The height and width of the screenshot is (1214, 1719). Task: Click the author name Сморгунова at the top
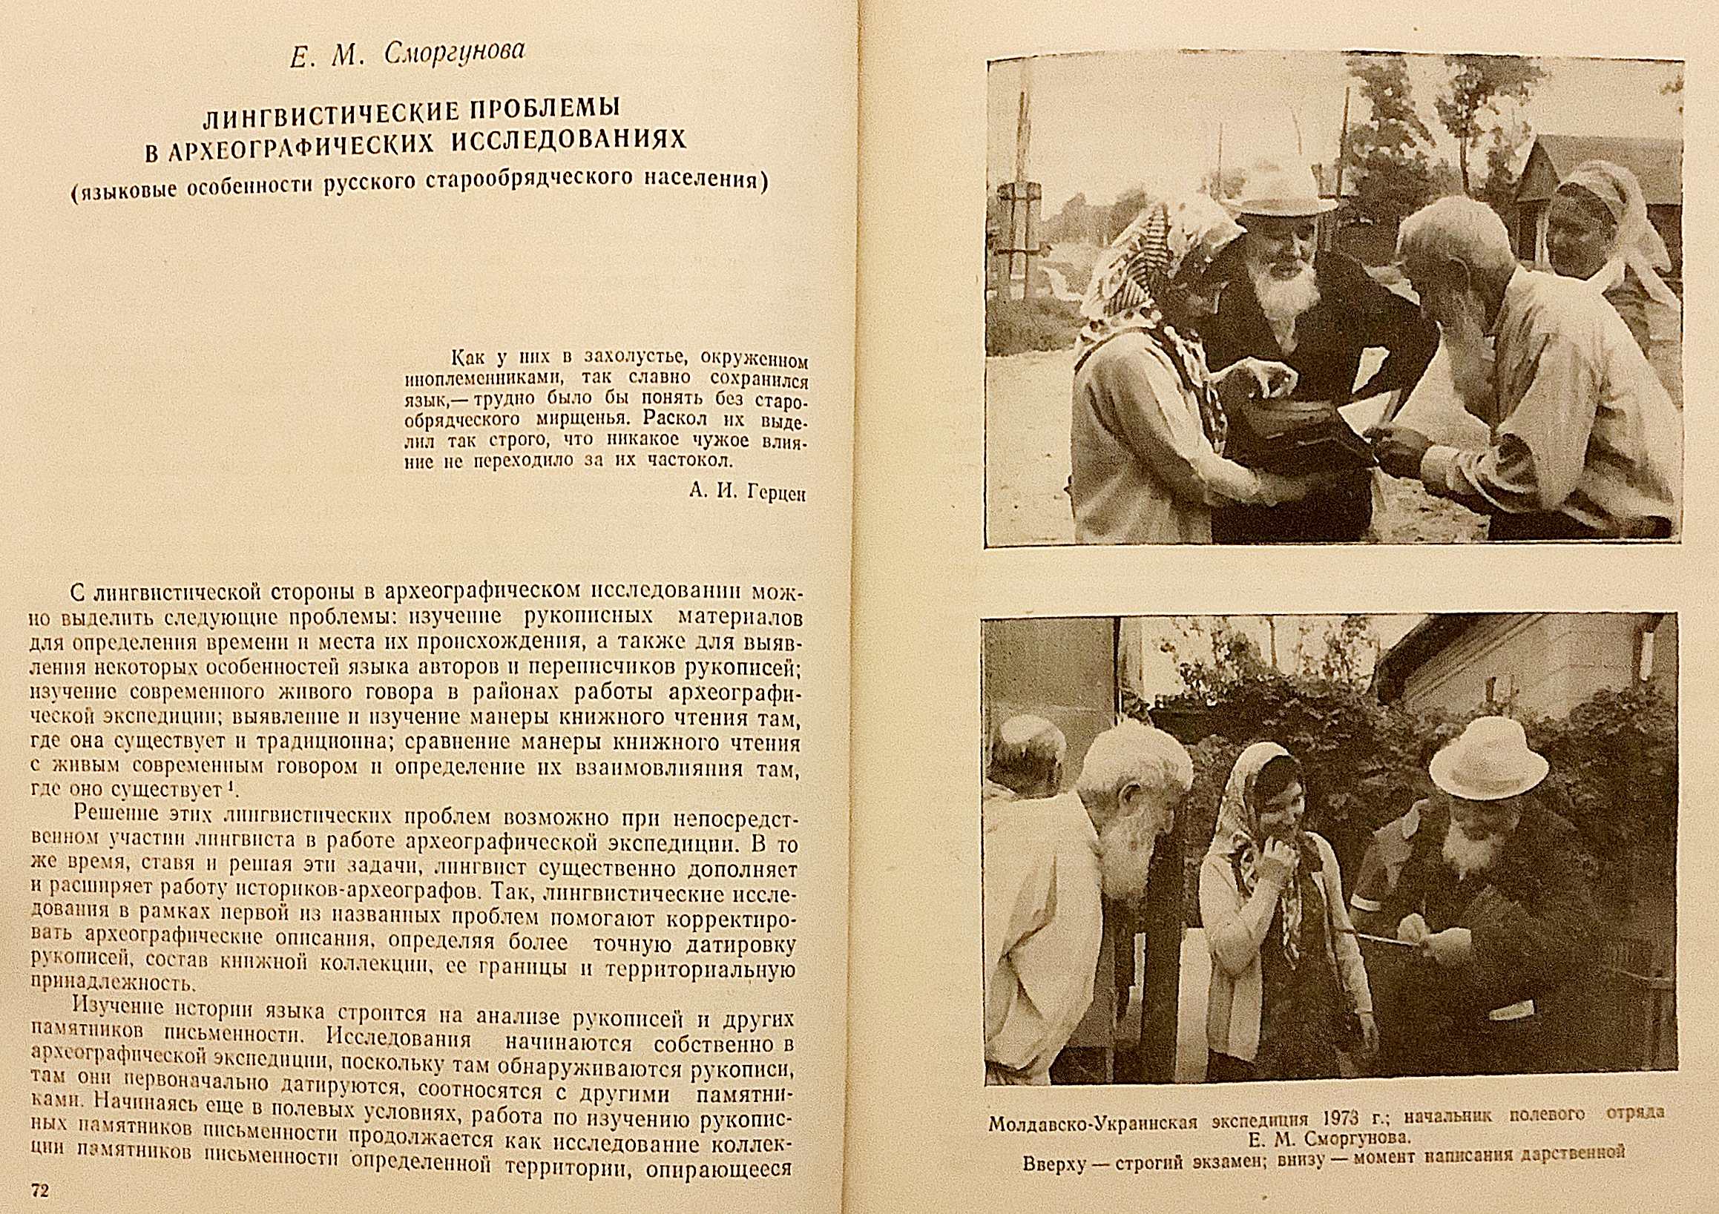click(454, 53)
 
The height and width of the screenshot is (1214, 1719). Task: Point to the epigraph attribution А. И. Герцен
click(746, 492)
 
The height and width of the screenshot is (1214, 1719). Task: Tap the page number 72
click(38, 1191)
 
